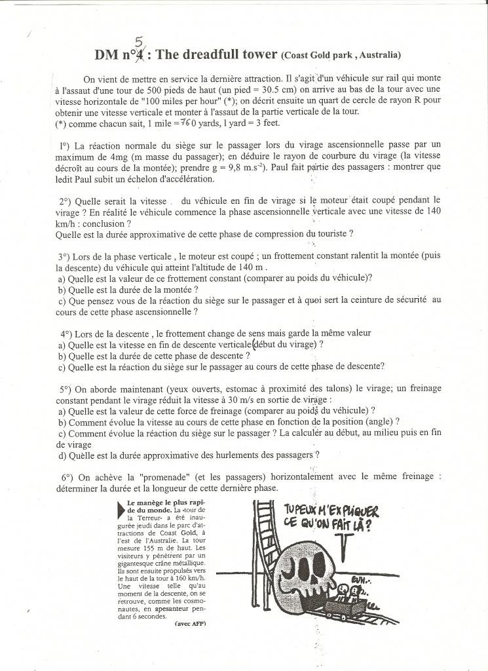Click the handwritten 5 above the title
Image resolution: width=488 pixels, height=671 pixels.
coord(138,41)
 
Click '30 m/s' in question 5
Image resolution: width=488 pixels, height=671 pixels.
coord(244,399)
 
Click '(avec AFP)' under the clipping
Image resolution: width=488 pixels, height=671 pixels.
coord(191,623)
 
